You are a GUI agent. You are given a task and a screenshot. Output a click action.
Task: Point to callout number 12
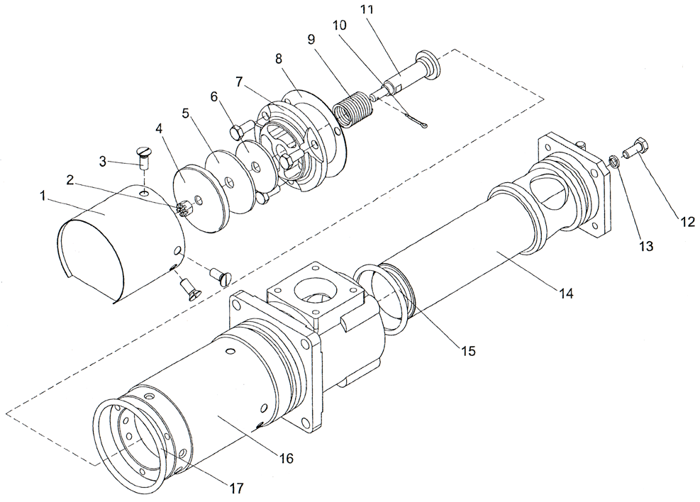coord(687,221)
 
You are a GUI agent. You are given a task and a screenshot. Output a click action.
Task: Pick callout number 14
coord(566,291)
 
